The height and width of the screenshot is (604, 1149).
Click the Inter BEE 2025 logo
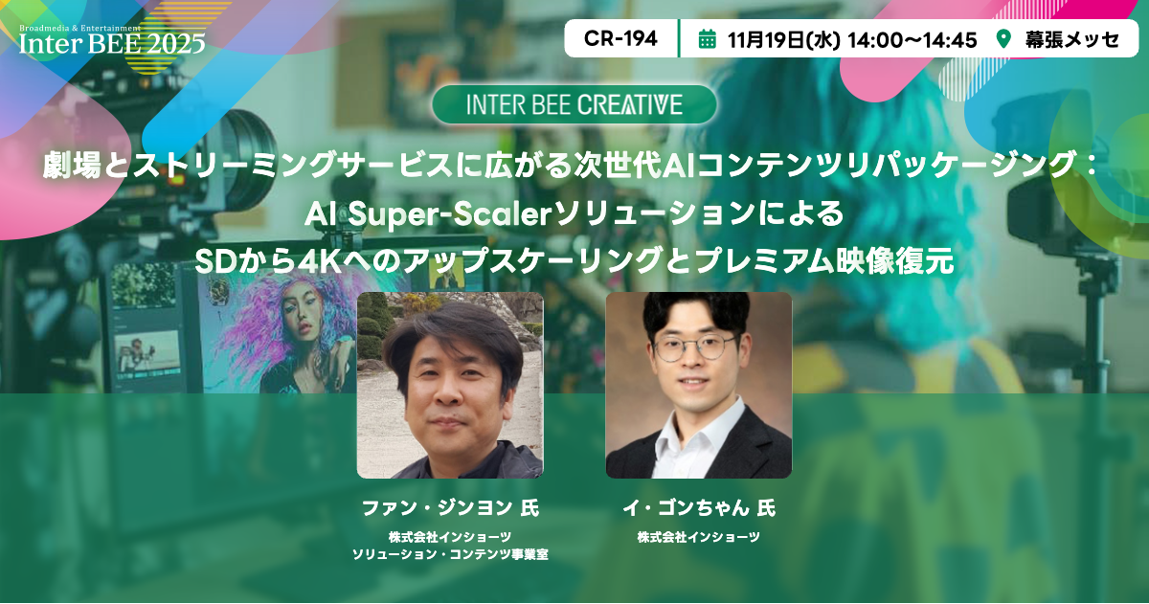pos(112,40)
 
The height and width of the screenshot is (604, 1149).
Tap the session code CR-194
pos(620,39)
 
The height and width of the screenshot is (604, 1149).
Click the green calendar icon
pos(708,39)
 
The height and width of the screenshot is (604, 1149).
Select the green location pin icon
pos(1003,39)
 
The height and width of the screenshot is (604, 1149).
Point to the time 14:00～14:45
pos(912,40)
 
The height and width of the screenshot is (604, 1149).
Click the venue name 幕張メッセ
pos(1072,39)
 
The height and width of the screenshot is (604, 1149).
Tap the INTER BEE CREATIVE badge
pos(574,104)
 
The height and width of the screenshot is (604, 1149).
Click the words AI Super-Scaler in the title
pos(428,214)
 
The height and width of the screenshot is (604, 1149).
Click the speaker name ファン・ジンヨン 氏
pos(450,507)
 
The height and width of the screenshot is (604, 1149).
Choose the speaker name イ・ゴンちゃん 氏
pos(699,507)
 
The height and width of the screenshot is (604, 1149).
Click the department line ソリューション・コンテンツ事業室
pos(450,554)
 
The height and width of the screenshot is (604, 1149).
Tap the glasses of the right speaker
pos(696,347)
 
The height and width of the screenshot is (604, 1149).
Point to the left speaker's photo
pos(450,385)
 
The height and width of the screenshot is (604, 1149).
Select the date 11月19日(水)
pos(784,40)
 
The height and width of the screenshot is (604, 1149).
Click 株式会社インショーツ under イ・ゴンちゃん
pos(699,537)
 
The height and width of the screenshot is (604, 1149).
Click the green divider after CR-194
pos(679,38)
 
